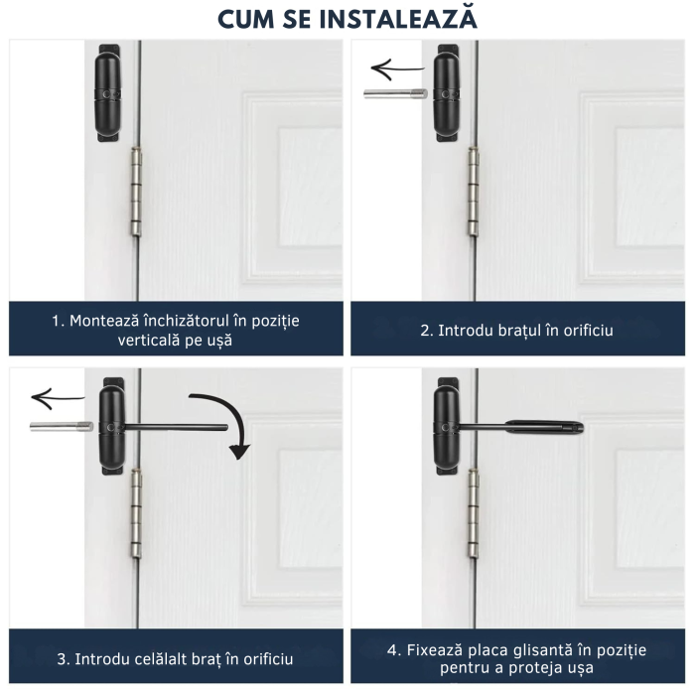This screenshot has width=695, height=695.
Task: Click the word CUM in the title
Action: (248, 19)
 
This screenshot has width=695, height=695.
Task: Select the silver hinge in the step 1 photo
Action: (137, 198)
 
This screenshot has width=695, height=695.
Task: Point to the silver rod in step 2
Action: (395, 94)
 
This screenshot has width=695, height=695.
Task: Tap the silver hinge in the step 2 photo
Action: (474, 198)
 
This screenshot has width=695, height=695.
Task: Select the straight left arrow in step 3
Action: (58, 400)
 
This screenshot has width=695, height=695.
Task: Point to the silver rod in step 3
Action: (61, 427)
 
